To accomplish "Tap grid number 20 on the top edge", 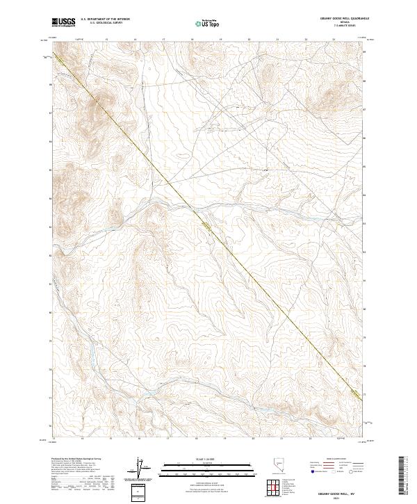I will tap(250, 40).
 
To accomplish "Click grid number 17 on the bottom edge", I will tap(167, 439).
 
